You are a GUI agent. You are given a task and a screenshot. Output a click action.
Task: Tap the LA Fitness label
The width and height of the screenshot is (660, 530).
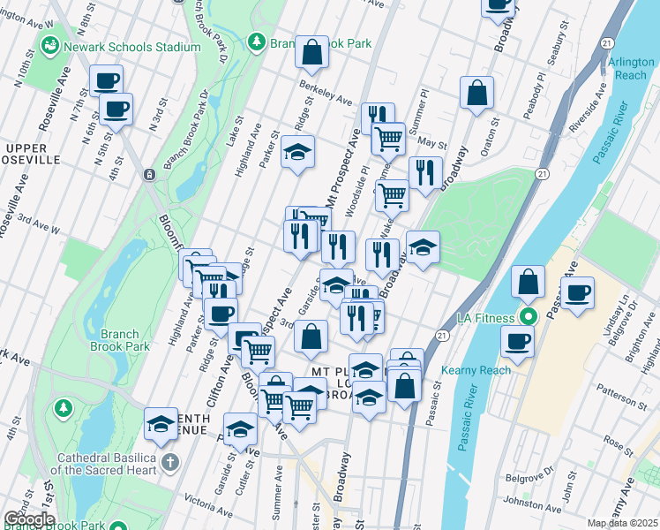tap(490, 317)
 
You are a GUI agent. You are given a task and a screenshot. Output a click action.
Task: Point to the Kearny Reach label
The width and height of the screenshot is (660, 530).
tap(478, 370)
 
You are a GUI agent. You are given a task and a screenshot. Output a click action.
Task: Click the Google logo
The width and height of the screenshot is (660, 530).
tap(29, 519)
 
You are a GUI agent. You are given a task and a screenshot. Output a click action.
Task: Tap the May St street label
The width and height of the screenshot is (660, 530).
tap(432, 142)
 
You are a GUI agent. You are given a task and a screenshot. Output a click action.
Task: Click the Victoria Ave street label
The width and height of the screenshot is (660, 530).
tap(203, 507)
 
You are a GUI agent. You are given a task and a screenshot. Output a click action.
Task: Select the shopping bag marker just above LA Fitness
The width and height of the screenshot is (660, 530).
tap(528, 283)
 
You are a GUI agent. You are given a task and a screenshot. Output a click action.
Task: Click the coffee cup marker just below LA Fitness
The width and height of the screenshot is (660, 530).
tap(518, 341)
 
